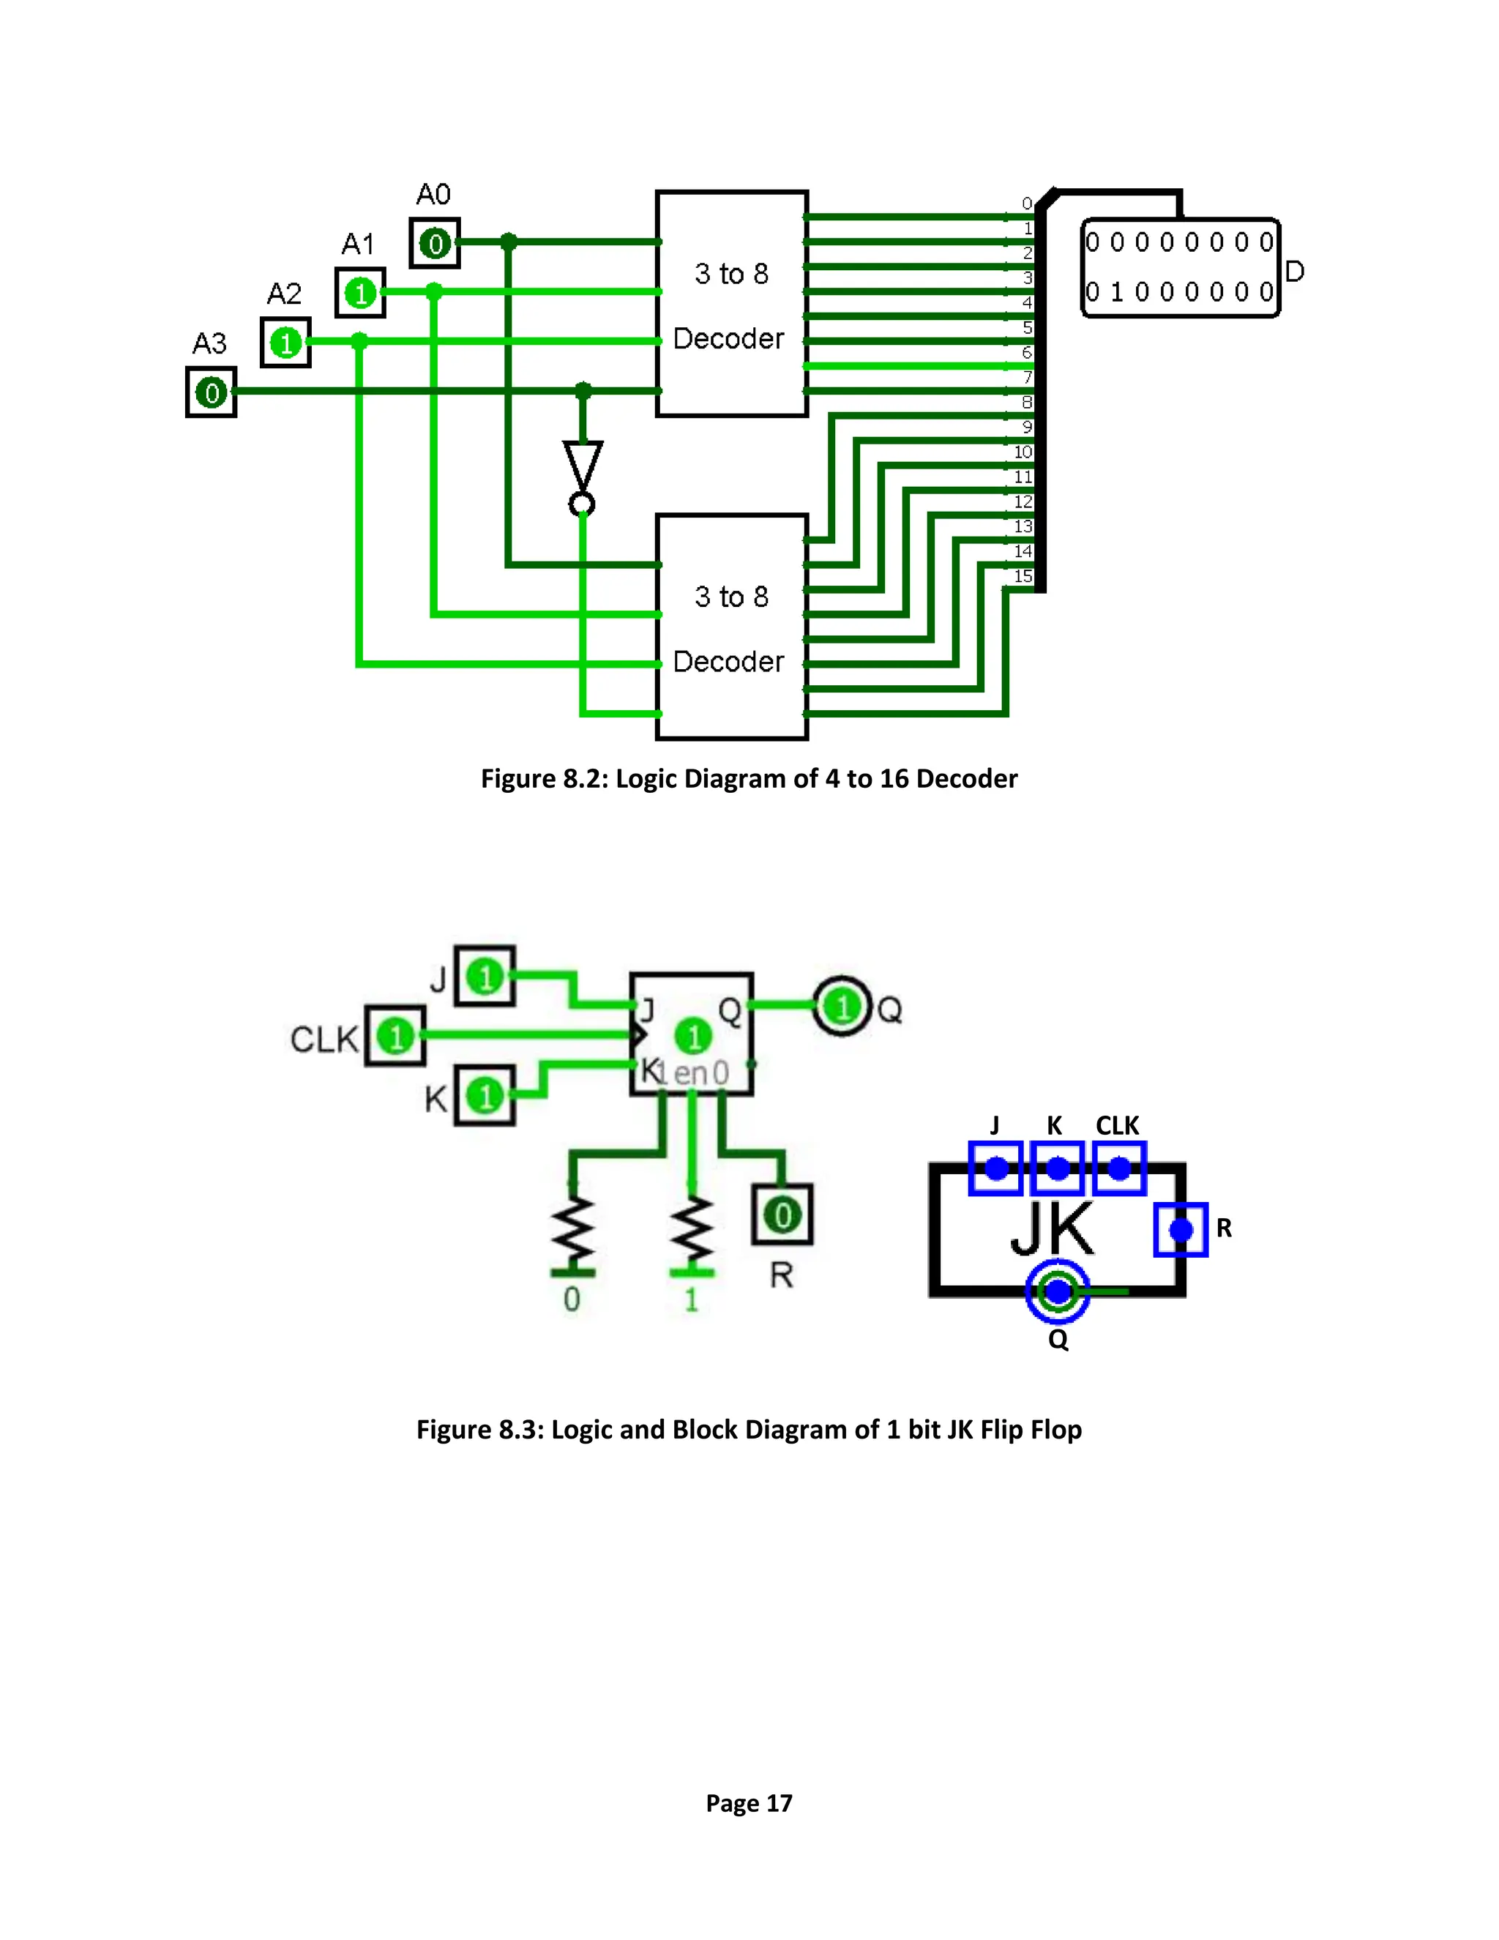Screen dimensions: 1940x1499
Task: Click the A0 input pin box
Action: coord(434,242)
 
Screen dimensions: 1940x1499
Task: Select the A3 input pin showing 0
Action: coord(212,392)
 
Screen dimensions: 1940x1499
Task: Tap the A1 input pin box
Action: coord(359,292)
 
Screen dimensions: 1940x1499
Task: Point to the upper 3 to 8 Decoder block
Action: coord(731,303)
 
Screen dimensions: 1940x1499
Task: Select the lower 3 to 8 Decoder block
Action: coord(731,626)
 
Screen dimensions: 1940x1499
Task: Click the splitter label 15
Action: coord(1023,575)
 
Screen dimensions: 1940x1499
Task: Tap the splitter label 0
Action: coord(1027,204)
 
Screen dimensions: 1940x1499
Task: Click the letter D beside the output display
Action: coord(1295,272)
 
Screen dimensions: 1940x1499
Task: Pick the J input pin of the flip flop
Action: coord(485,976)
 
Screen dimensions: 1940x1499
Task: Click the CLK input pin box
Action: coord(395,1036)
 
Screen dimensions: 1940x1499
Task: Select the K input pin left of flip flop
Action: coord(485,1095)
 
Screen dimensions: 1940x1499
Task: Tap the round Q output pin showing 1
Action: coord(841,1007)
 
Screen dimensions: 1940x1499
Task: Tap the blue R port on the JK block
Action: coord(1180,1229)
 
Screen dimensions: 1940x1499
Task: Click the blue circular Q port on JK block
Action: coord(1058,1291)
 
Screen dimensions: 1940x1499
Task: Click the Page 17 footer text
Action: coord(749,1802)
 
